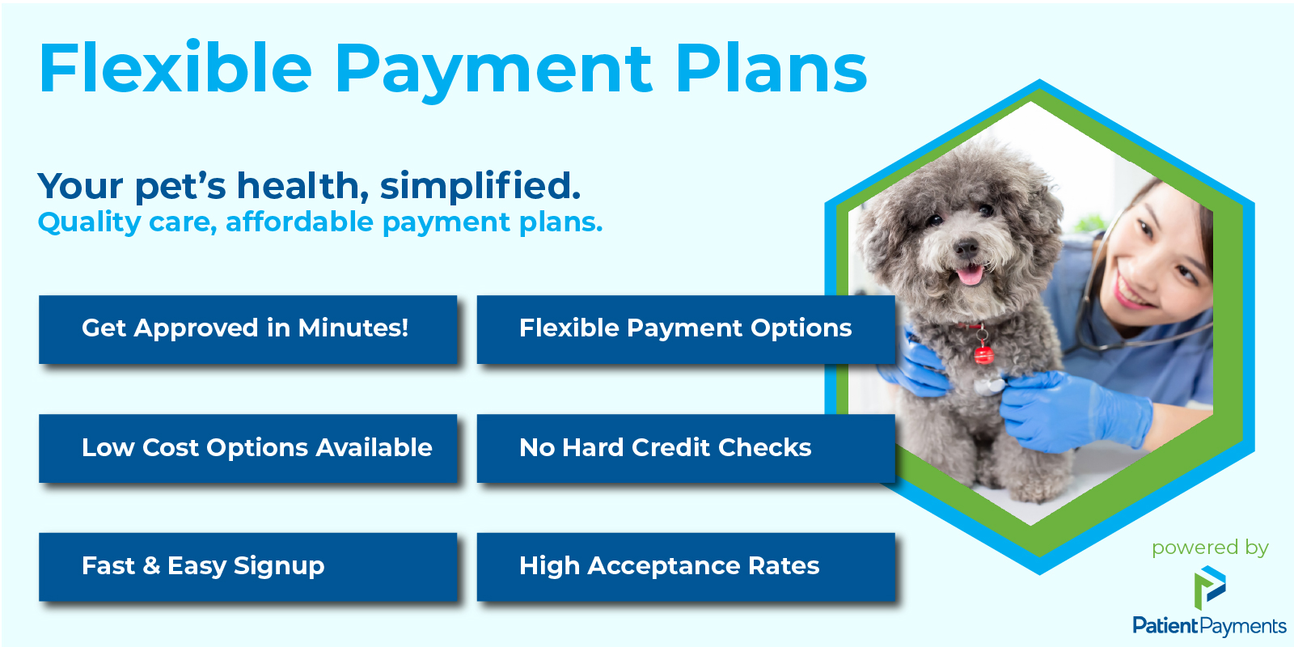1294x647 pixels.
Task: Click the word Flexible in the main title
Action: click(175, 67)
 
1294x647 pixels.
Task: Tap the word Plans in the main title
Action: click(772, 67)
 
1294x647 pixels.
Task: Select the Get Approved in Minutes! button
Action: click(247, 330)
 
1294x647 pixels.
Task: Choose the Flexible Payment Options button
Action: click(686, 330)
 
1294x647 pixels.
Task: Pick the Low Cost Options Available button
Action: click(247, 448)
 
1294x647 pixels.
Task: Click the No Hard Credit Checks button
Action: click(686, 448)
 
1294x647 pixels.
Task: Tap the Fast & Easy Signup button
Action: click(247, 567)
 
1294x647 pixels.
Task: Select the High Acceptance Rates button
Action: click(686, 567)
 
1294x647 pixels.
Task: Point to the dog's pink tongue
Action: click(970, 275)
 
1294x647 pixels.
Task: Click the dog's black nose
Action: click(966, 249)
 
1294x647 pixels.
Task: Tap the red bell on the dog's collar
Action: click(983, 353)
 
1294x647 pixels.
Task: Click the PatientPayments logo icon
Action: click(1210, 587)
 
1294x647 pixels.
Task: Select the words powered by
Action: click(1210, 548)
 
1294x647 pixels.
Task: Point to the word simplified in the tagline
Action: click(480, 187)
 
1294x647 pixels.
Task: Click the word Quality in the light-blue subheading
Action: click(90, 222)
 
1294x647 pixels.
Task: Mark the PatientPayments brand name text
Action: click(1209, 626)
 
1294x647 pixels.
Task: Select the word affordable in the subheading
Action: click(300, 222)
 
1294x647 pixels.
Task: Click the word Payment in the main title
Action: click(494, 71)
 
